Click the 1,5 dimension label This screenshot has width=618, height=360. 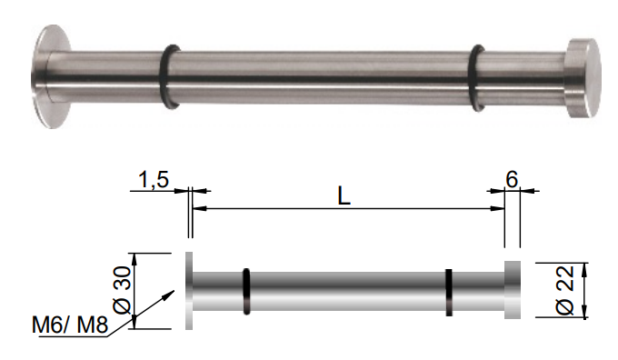[154, 179]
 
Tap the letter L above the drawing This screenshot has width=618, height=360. [344, 195]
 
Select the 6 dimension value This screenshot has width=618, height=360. [512, 179]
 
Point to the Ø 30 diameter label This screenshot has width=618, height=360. [122, 290]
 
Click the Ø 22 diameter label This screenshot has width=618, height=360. [565, 290]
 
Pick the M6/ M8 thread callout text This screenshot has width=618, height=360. [70, 325]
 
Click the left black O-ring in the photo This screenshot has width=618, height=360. [169, 76]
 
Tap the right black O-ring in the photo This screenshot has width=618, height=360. [476, 77]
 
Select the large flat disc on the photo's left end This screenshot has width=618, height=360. [51, 76]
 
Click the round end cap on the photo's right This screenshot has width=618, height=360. [583, 78]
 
